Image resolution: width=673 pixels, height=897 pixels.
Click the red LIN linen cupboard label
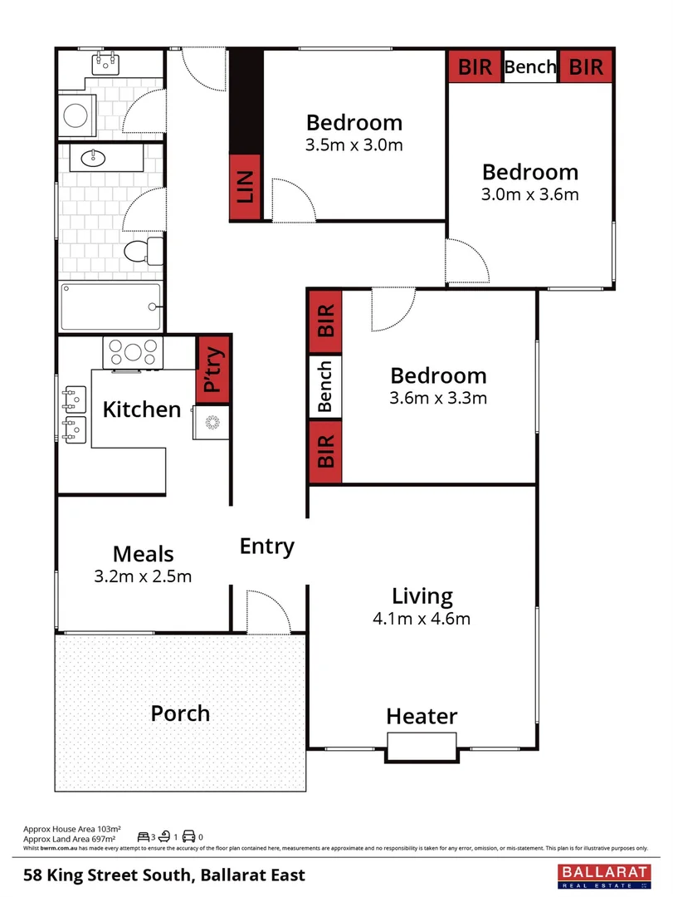(x=246, y=188)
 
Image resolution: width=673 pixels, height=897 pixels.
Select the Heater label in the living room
(x=422, y=716)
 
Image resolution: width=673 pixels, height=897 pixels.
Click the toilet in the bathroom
(x=145, y=249)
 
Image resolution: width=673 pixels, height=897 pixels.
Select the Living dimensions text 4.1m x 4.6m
(x=422, y=619)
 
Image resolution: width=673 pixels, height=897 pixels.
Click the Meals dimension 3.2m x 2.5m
(x=143, y=576)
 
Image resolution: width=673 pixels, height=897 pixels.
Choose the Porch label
(x=180, y=713)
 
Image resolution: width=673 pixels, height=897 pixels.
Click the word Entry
(x=267, y=547)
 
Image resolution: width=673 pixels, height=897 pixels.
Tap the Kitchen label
(x=141, y=409)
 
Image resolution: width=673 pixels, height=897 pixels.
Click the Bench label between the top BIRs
(x=529, y=67)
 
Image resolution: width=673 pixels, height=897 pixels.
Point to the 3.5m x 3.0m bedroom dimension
(x=354, y=145)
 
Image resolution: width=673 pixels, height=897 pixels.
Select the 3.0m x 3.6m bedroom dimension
(x=529, y=195)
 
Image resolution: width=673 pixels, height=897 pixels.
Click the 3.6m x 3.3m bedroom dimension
(x=438, y=398)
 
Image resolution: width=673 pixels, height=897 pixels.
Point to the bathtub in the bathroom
(x=110, y=307)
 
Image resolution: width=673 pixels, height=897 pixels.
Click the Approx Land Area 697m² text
(x=72, y=840)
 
